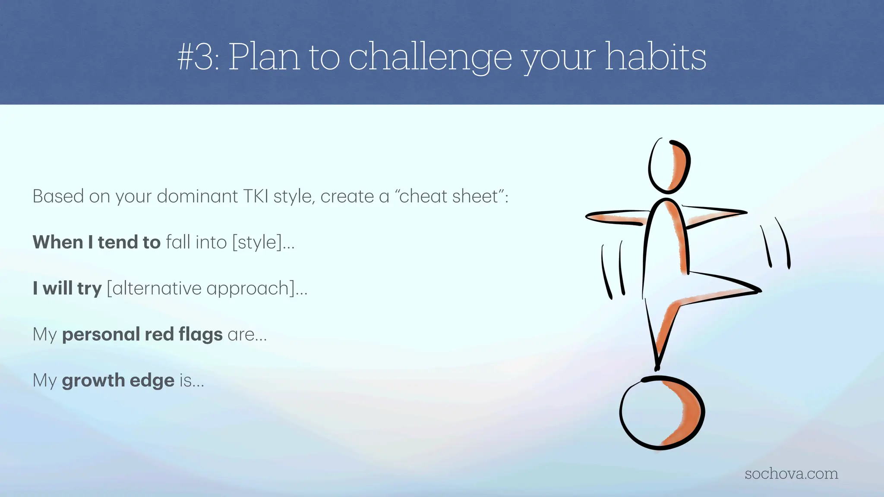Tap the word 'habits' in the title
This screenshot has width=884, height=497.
[655, 57]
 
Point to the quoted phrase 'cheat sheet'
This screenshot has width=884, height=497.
[451, 196]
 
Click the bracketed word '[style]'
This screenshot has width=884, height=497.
[257, 242]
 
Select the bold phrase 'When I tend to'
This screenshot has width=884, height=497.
[96, 242]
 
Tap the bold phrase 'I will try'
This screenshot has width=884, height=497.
[67, 288]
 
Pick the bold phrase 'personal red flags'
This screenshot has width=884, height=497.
[142, 334]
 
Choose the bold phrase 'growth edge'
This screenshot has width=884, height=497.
[118, 381]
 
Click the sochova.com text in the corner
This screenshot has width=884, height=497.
[791, 474]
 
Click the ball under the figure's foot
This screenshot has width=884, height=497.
[661, 413]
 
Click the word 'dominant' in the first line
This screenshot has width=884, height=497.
[197, 196]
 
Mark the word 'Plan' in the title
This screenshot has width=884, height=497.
[263, 57]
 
